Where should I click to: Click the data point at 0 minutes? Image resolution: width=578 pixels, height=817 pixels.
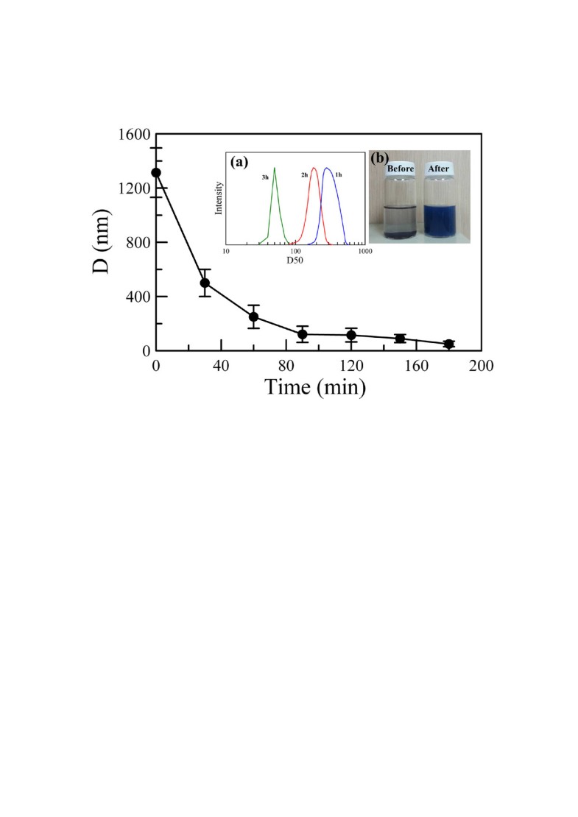[x=156, y=173]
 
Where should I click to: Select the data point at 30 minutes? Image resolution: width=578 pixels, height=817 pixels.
[x=205, y=283]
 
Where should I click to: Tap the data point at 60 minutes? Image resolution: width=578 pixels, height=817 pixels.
[x=253, y=316]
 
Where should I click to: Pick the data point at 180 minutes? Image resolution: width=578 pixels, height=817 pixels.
[x=448, y=344]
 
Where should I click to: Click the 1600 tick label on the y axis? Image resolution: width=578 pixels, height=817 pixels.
[x=133, y=135]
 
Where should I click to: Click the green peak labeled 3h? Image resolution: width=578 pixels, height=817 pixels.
[x=275, y=169]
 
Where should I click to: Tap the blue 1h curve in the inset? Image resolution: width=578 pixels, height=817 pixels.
[x=328, y=169]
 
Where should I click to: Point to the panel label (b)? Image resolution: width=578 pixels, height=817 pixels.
[x=381, y=158]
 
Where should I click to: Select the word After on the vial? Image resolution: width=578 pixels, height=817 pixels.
[x=444, y=169]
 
